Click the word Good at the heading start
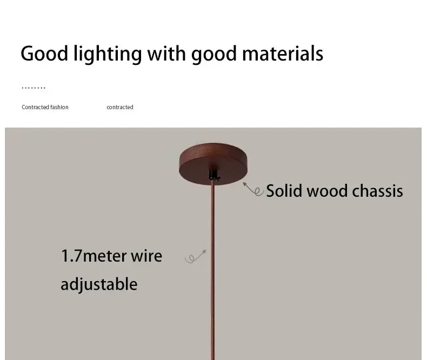pyautogui.click(x=44, y=54)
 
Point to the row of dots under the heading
pyautogui.click(x=34, y=88)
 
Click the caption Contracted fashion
pyautogui.click(x=45, y=107)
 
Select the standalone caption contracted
pyautogui.click(x=119, y=107)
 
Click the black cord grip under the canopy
pyautogui.click(x=214, y=174)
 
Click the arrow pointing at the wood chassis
pyautogui.click(x=252, y=189)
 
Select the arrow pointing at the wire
pyautogui.click(x=196, y=257)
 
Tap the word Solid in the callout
pyautogui.click(x=284, y=191)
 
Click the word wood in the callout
pyautogui.click(x=327, y=191)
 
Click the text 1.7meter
pyautogui.click(x=86, y=256)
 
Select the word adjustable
pyautogui.click(x=99, y=284)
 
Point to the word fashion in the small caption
pyautogui.click(x=59, y=107)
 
